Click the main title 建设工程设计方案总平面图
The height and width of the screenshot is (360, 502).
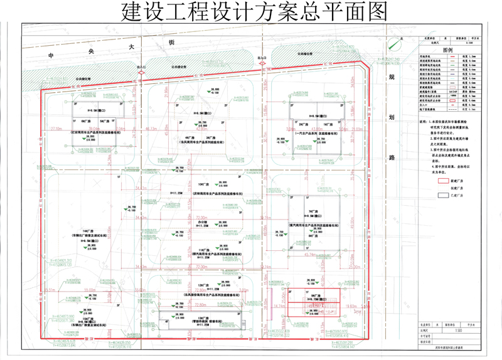[x=251, y=11]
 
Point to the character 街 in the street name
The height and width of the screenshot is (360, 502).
[x=171, y=43]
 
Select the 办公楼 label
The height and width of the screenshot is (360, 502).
[x=202, y=221]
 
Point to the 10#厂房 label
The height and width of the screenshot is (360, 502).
[x=202, y=184]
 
